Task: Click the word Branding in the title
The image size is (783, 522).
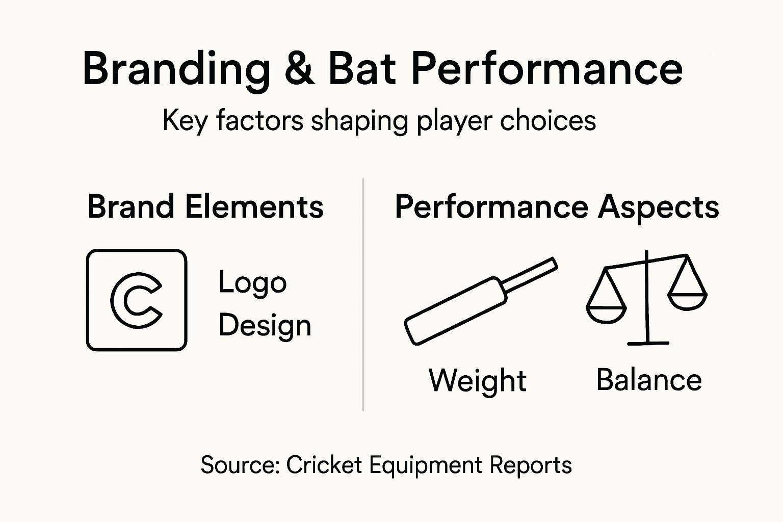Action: pyautogui.click(x=176, y=69)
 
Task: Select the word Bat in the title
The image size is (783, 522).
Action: pyautogui.click(x=362, y=69)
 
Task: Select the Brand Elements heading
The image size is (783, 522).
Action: pyautogui.click(x=205, y=207)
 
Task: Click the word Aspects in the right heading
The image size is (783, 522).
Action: pyautogui.click(x=658, y=207)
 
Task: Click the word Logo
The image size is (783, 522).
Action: pyautogui.click(x=252, y=283)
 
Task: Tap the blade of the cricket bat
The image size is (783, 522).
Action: pyautogui.click(x=454, y=312)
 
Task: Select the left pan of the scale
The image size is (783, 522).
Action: pyautogui.click(x=606, y=312)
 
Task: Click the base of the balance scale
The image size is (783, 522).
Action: pyautogui.click(x=647, y=343)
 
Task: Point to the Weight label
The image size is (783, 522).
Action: pyautogui.click(x=477, y=381)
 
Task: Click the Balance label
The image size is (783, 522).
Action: pyautogui.click(x=648, y=380)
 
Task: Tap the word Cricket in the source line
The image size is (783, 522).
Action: pyautogui.click(x=324, y=465)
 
